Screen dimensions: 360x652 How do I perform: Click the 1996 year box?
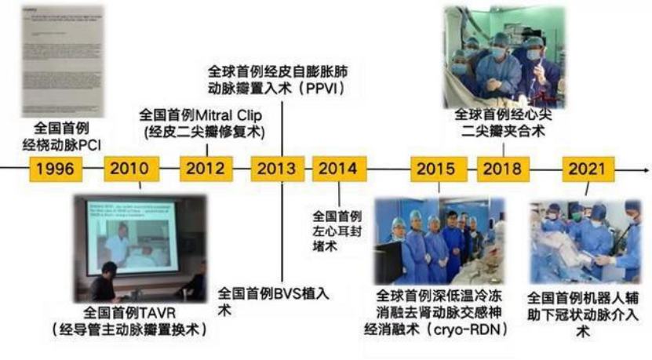pyautogui.click(x=54, y=169)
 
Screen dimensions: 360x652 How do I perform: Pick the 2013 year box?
pyautogui.click(x=277, y=169)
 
